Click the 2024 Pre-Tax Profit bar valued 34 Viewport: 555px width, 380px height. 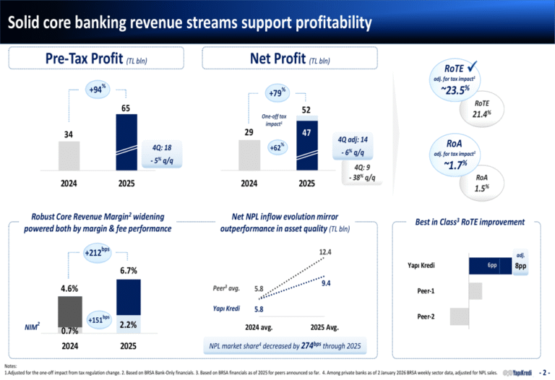coord(69,155)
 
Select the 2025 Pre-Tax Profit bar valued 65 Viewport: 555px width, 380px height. coord(126,141)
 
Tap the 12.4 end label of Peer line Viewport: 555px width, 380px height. coord(325,252)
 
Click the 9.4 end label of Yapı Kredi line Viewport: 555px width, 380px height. coord(326,282)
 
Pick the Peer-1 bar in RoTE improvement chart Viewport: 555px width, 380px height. coord(475,291)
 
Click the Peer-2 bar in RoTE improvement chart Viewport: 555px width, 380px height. coord(459,316)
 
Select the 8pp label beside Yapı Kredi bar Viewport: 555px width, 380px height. coord(520,266)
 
